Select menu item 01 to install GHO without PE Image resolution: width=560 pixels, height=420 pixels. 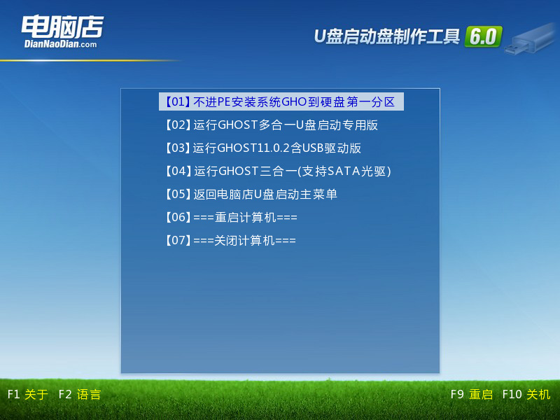(280, 102)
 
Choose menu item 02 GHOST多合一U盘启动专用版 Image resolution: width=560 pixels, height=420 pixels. (270, 125)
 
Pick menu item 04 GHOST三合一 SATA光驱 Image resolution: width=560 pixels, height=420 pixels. (276, 171)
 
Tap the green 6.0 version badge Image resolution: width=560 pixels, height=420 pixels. (483, 37)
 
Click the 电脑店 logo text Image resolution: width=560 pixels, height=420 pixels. (62, 27)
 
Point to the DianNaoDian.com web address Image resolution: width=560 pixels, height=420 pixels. (60, 44)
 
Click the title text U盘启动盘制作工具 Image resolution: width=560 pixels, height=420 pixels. (386, 37)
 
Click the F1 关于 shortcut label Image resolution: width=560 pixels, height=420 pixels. (27, 395)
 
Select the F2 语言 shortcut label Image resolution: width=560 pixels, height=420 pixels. (79, 395)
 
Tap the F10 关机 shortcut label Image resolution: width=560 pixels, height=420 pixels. (526, 395)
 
